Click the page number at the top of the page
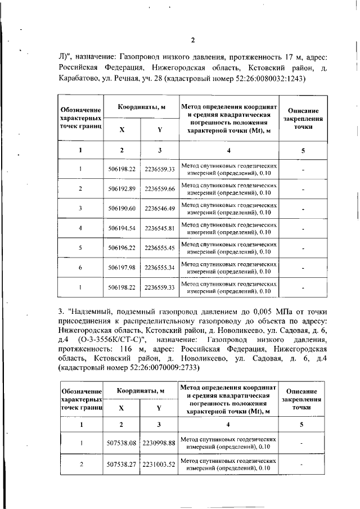click(x=192, y=40)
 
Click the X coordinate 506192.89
click(x=122, y=188)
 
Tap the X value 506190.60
click(x=122, y=209)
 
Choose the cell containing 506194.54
click(x=122, y=228)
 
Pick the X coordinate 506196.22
click(x=122, y=248)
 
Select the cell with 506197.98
click(x=122, y=268)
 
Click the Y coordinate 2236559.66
click(x=160, y=188)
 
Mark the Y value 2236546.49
click(x=160, y=209)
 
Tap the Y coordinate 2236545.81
click(x=160, y=228)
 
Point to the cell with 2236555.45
click(x=160, y=248)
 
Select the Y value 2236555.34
click(x=160, y=268)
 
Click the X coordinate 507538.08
click(x=122, y=443)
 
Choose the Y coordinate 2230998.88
click(x=159, y=443)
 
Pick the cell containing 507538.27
click(x=122, y=465)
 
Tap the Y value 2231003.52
click(x=159, y=465)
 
